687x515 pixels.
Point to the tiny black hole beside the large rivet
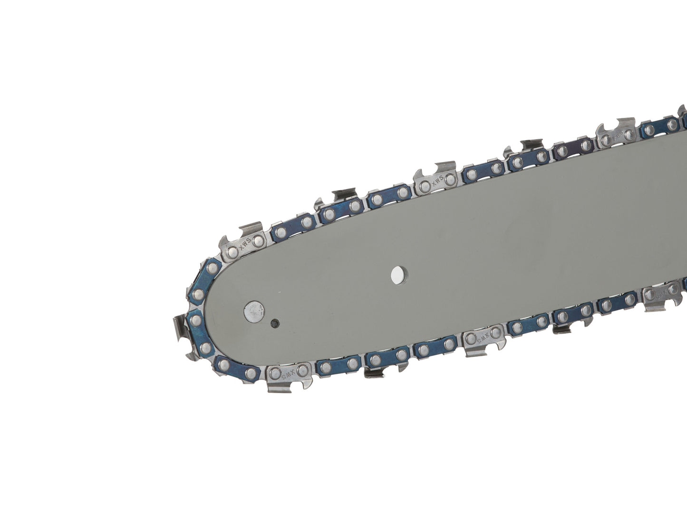coord(274,323)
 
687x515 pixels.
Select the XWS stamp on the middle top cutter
coord(436,181)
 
